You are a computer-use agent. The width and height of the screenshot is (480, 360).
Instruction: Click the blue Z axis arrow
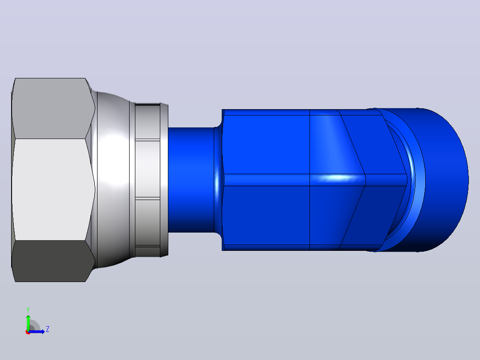(37, 331)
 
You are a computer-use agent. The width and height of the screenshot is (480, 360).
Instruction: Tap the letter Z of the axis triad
(48, 329)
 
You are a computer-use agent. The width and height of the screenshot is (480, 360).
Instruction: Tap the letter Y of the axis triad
(28, 310)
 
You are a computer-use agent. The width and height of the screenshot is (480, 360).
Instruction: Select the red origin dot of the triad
(28, 332)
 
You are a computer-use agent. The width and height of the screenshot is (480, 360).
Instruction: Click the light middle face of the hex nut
(50, 189)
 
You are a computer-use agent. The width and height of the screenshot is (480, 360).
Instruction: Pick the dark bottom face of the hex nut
(52, 261)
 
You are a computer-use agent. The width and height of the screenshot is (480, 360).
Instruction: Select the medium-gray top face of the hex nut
(52, 108)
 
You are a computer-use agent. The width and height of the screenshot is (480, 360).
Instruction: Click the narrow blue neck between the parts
(191, 180)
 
